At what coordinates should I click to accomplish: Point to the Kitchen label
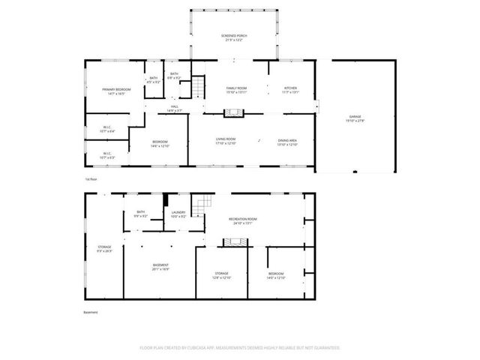(289, 90)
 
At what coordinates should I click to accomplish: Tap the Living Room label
(226, 141)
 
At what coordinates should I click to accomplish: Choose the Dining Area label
(288, 141)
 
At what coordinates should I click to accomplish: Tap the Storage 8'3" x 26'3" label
(104, 248)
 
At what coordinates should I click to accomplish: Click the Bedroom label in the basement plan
(276, 275)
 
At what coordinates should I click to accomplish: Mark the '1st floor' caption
(90, 179)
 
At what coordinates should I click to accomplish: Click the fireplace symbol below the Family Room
(235, 113)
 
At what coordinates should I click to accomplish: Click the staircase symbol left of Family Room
(196, 88)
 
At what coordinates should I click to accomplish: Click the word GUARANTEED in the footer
(324, 348)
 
